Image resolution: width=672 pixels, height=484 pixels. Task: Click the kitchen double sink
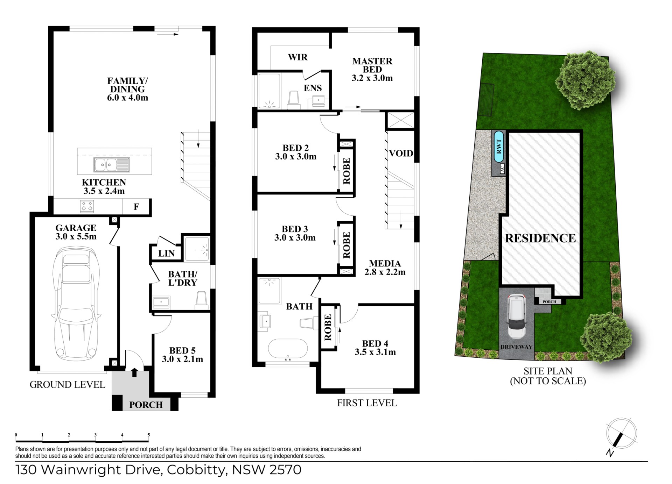point(112,164)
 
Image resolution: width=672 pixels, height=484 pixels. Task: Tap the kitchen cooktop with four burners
point(87,206)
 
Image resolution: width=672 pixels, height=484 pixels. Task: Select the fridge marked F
point(136,207)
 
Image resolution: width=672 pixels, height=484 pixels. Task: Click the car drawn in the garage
point(76,304)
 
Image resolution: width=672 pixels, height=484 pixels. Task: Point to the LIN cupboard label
point(166,254)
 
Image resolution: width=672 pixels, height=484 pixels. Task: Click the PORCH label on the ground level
point(146,405)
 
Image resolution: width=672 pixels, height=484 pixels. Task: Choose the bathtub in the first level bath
point(288,349)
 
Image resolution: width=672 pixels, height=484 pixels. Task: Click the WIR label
point(297,57)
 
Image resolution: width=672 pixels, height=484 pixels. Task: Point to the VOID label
point(401,153)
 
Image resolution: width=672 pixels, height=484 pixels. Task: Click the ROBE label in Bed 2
point(346,171)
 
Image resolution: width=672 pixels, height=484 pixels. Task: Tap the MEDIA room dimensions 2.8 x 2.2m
point(385,272)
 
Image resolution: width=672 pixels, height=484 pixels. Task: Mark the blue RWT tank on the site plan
point(499,146)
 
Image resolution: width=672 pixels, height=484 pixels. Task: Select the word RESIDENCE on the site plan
point(540,238)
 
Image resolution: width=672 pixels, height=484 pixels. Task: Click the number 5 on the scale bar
point(149,435)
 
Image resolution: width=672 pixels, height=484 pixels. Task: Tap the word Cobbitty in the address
point(196,470)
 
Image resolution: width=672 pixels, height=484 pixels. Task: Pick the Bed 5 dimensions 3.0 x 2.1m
point(182,359)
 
